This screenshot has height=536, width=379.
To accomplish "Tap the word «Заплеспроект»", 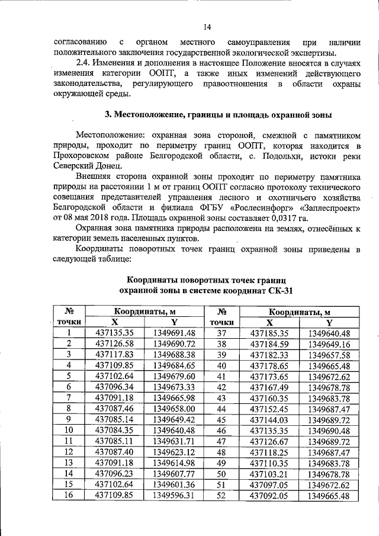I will (330, 208).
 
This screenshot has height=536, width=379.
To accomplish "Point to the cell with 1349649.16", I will (329, 344).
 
